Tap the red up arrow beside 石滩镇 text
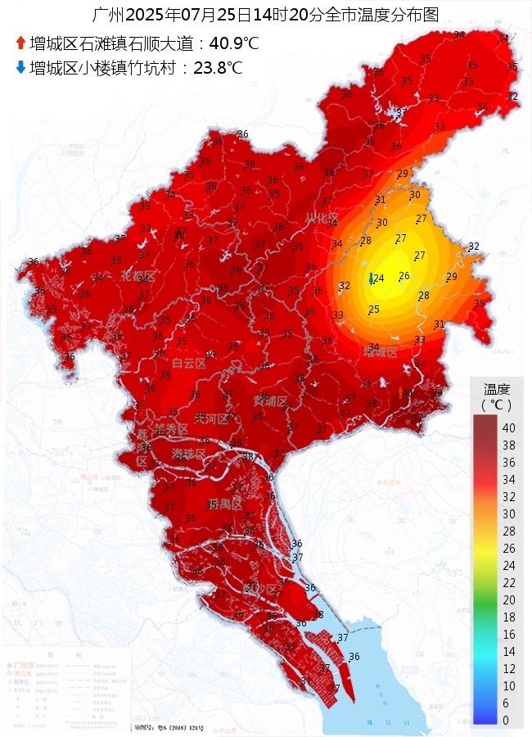[x=20, y=43]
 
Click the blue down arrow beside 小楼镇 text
[x=20, y=68]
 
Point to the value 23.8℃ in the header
[x=218, y=68]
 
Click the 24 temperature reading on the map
[x=378, y=278]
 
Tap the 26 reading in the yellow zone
[x=404, y=276]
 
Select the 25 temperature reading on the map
[x=374, y=309]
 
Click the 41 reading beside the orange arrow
[x=409, y=394]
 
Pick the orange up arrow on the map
[x=400, y=392]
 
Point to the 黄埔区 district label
[x=270, y=402]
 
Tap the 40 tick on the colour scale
[x=508, y=427]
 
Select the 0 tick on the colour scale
[x=506, y=720]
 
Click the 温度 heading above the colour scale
[x=497, y=389]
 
